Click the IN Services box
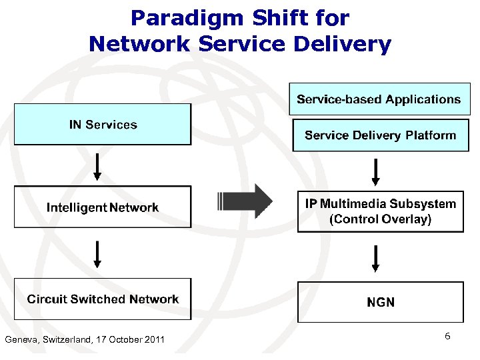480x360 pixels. tap(103, 125)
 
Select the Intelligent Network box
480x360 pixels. tap(103, 207)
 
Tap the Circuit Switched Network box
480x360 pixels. tap(103, 299)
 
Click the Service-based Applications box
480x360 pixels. tap(379, 99)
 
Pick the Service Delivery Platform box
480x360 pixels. tap(380, 135)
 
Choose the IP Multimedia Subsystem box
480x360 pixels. tap(380, 211)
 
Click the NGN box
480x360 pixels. tap(380, 302)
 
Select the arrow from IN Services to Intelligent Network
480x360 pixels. tap(97, 167)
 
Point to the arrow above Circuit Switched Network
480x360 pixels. tap(97, 253)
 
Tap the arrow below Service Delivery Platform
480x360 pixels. tap(375, 172)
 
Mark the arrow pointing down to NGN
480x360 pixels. tap(375, 259)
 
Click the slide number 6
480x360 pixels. tap(447, 337)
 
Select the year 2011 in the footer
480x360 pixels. tap(153, 340)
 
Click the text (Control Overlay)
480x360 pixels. tap(380, 219)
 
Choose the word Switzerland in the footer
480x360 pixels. tap(67, 340)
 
